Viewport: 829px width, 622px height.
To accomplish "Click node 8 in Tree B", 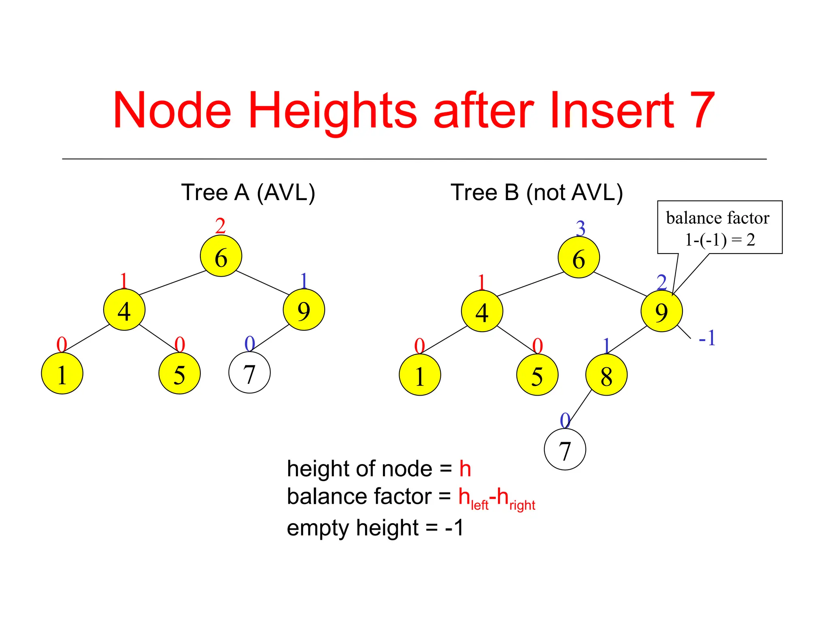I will click(x=606, y=375).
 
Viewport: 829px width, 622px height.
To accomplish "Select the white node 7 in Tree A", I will click(x=249, y=373).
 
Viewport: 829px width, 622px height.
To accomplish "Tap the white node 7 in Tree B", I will click(x=565, y=449).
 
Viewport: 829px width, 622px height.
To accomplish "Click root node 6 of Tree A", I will click(x=221, y=256).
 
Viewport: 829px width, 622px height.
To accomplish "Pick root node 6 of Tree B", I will click(x=578, y=258).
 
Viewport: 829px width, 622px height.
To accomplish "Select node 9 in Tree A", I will click(x=304, y=310).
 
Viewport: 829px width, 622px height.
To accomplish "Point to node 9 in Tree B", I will click(x=661, y=311).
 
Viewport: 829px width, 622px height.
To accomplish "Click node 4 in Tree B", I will click(x=482, y=311).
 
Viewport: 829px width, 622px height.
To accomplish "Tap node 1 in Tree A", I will click(x=62, y=373).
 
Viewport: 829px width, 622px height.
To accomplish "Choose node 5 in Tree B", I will click(x=537, y=375).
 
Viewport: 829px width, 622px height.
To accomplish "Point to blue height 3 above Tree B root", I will click(x=580, y=228).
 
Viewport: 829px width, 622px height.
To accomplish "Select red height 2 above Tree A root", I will click(x=220, y=226).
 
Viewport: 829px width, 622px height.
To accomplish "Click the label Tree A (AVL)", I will click(x=248, y=192).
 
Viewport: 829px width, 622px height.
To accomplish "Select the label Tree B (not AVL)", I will click(x=536, y=192).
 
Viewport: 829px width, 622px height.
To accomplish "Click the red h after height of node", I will click(x=465, y=469).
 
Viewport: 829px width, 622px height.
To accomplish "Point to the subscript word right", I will click(x=522, y=505).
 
